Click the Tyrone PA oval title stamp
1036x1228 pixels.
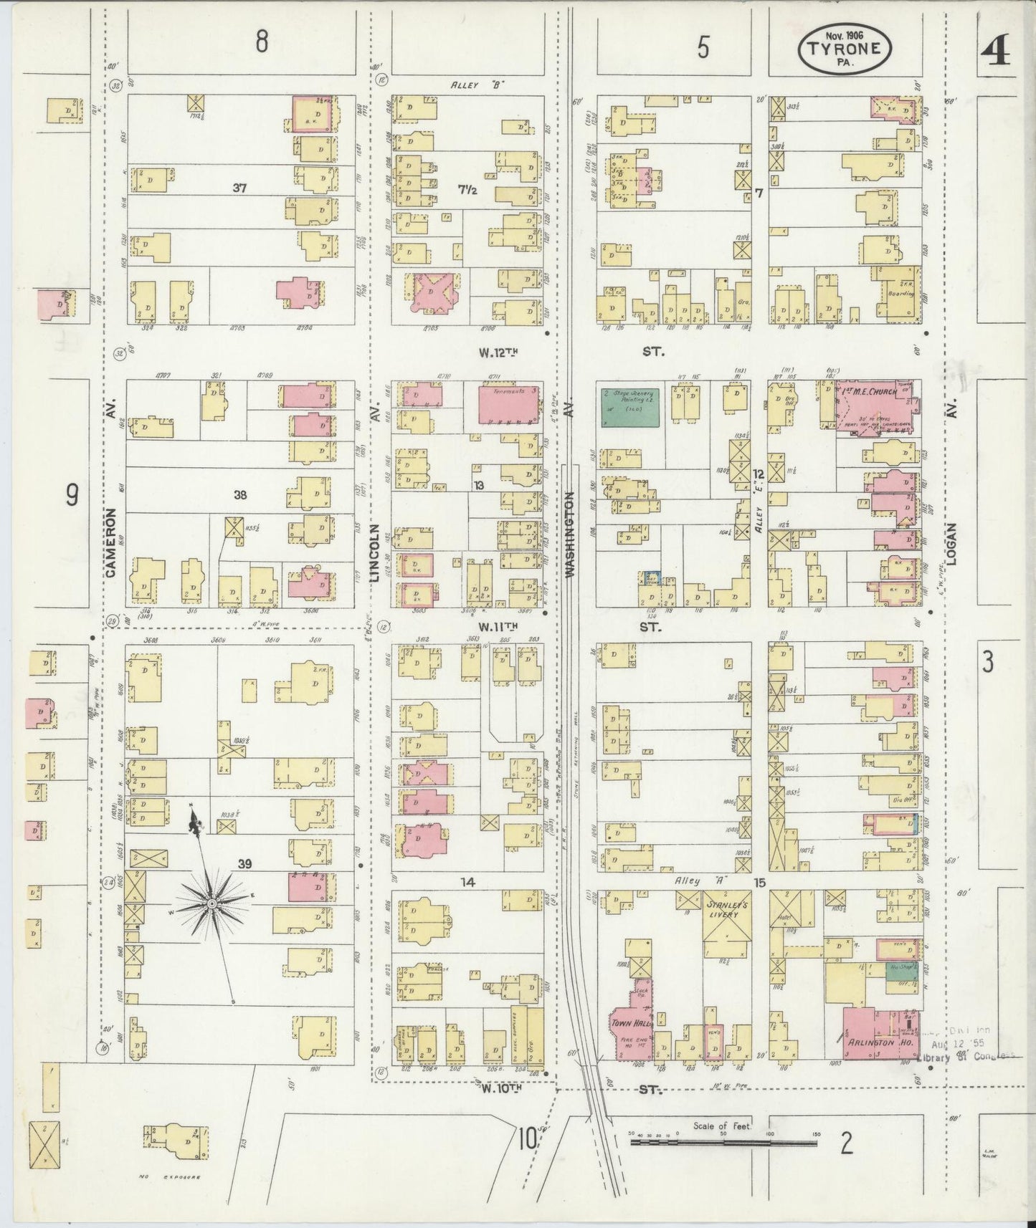pos(845,49)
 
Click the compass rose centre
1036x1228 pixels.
pos(212,905)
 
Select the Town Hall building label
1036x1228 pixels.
pos(629,1024)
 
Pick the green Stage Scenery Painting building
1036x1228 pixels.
pos(629,408)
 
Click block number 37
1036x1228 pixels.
pos(239,188)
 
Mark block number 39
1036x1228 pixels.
pos(245,864)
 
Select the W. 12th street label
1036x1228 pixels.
pos(498,352)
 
